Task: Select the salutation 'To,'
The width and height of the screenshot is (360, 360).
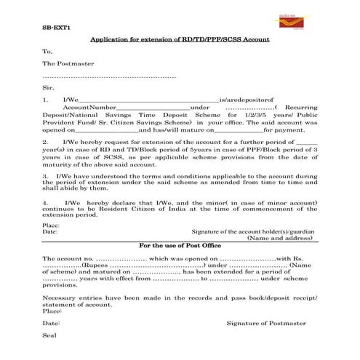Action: tap(48, 52)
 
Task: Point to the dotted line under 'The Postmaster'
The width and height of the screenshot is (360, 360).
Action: tap(109, 76)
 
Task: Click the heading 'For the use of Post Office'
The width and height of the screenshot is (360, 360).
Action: tap(180, 247)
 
